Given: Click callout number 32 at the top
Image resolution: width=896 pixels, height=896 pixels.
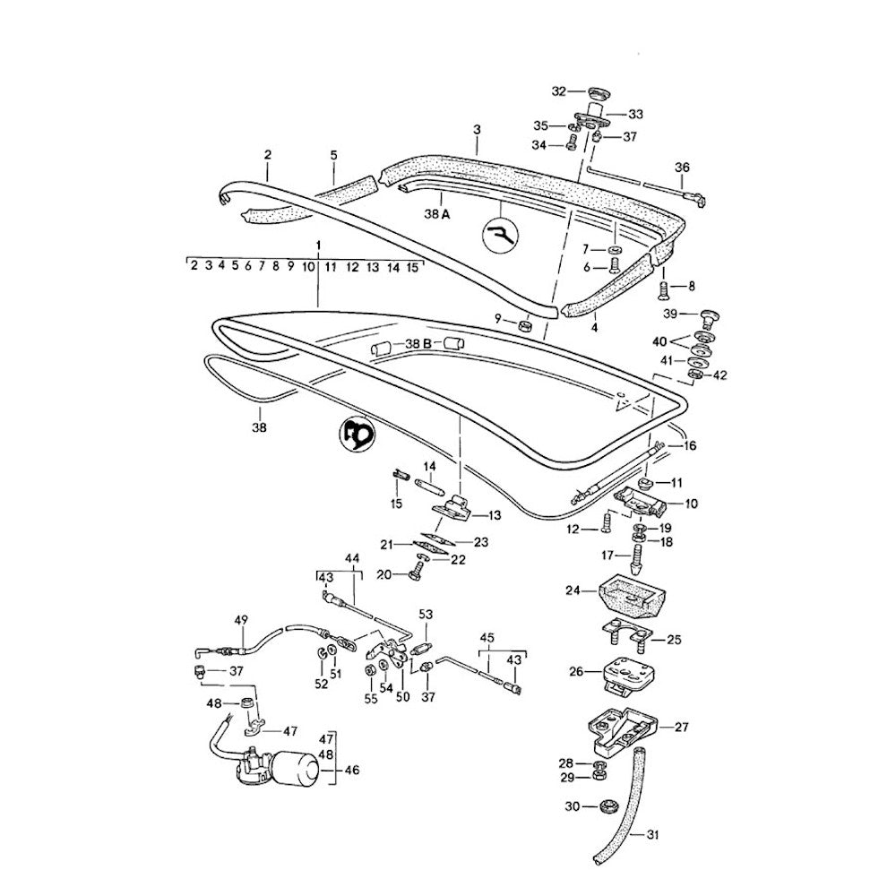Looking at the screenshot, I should (x=559, y=91).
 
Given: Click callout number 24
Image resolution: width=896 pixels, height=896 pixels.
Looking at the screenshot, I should (x=573, y=590).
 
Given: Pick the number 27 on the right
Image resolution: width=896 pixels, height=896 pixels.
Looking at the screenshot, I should (x=681, y=727).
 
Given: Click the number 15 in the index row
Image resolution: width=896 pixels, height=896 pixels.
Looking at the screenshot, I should (x=412, y=266).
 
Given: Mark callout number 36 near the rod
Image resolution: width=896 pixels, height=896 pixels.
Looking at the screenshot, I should (x=683, y=167).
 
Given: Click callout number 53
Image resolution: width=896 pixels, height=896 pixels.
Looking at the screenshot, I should (x=426, y=614).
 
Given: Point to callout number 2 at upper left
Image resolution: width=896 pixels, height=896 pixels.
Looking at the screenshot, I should (x=267, y=154).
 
